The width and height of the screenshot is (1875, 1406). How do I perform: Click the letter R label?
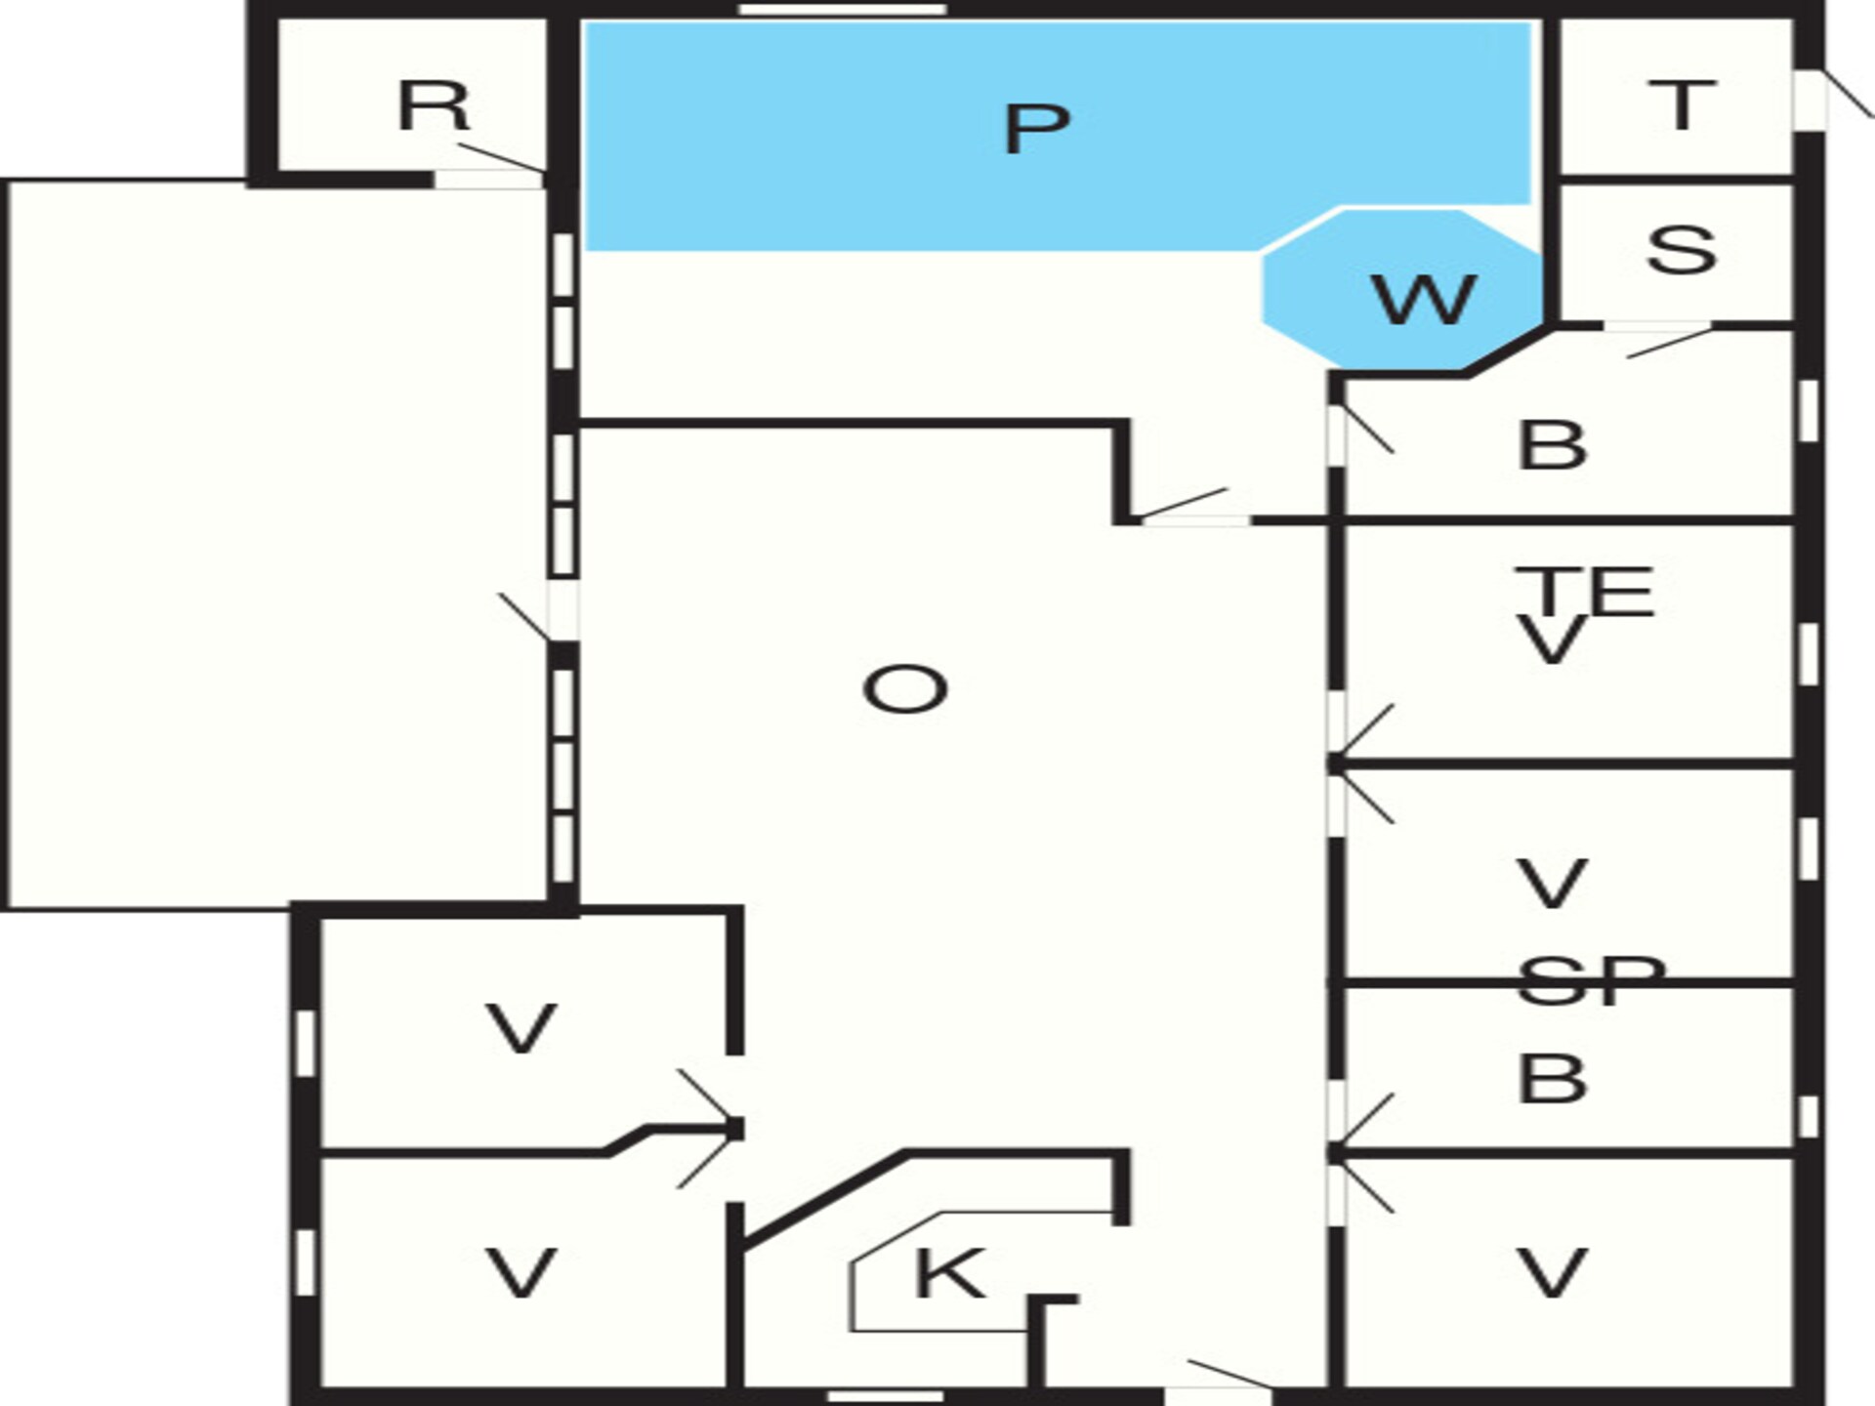434,105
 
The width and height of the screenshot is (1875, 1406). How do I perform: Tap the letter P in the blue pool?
1037,128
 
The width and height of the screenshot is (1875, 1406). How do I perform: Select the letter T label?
1681,104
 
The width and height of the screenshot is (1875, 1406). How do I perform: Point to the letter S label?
1681,250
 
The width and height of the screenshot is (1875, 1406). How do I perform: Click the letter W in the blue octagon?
1424,300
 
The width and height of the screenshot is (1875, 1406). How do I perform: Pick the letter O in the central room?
905,689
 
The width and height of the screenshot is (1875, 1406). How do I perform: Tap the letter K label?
948,1273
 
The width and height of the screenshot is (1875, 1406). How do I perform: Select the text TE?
1583,591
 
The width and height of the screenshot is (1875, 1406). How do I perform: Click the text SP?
1591,980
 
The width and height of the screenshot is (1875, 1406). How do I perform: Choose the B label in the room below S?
1552,445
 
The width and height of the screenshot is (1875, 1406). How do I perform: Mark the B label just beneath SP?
1552,1079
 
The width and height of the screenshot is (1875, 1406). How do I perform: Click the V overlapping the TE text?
1551,641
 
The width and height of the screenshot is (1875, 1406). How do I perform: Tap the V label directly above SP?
1551,884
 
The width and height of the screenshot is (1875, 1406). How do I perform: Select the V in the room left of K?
521,1273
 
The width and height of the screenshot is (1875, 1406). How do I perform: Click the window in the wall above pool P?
842,10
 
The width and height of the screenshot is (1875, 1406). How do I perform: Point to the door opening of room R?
488,179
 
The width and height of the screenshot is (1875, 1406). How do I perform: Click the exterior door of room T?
1810,100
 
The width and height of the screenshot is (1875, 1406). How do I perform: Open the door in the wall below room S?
1657,326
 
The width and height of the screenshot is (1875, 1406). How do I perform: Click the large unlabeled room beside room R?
277,545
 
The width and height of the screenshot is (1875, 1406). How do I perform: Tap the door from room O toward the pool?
1195,519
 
